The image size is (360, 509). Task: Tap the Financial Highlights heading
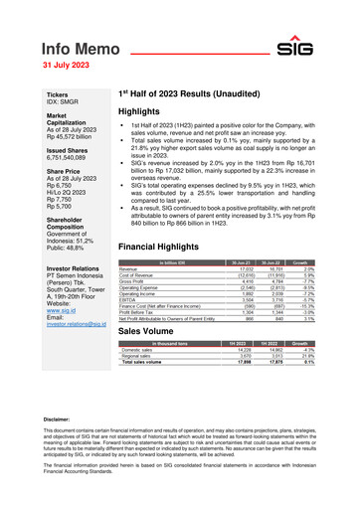click(x=163, y=245)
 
